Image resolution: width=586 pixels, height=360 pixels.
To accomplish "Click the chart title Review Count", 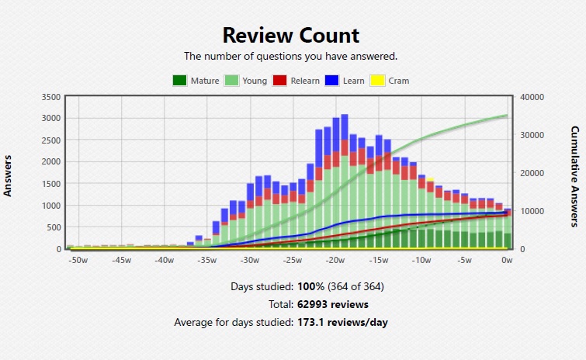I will tap(291, 35).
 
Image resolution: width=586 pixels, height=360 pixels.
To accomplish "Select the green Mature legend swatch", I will tap(179, 81).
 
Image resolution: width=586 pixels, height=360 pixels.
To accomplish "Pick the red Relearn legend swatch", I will tap(281, 81).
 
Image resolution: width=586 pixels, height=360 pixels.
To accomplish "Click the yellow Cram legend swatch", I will tap(377, 81).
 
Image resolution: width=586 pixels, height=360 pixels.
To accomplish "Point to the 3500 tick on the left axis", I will tap(51, 97).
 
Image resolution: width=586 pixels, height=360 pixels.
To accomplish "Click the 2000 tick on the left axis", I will tap(51, 161).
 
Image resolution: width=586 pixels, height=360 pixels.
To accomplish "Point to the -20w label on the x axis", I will tap(335, 260).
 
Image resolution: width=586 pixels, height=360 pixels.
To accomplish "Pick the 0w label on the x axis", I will tap(507, 260).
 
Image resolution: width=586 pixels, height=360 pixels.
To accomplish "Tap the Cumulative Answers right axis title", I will tap(575, 176).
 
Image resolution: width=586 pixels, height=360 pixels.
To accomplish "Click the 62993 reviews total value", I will tap(333, 304).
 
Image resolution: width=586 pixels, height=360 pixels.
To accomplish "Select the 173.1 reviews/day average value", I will tap(342, 322).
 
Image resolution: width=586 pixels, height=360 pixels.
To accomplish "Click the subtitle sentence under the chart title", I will tap(290, 56).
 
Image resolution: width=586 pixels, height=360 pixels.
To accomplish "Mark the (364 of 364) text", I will tap(356, 286).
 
